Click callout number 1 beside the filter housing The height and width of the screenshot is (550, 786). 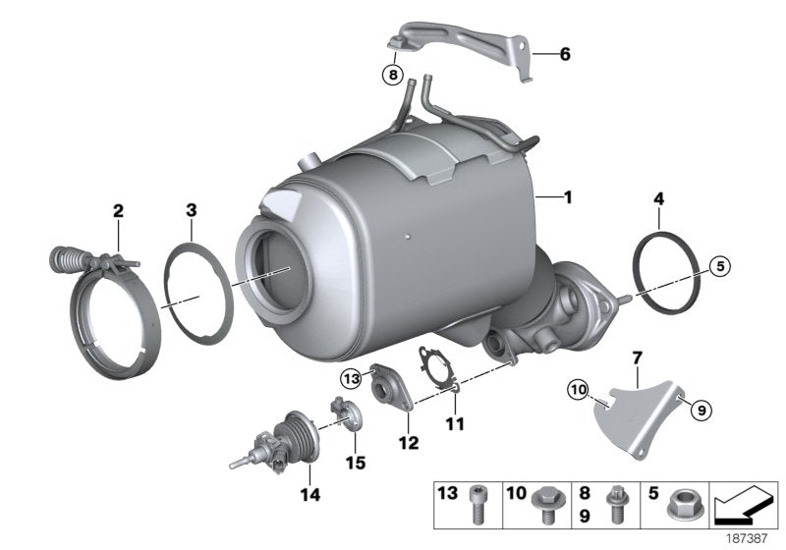pyautogui.click(x=567, y=197)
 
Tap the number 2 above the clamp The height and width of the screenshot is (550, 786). pyautogui.click(x=118, y=209)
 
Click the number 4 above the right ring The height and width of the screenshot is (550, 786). pyautogui.click(x=658, y=199)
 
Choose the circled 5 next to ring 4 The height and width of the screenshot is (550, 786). pyautogui.click(x=719, y=265)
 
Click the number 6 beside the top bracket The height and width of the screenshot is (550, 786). pyautogui.click(x=565, y=55)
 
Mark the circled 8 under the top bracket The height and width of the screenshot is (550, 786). pyautogui.click(x=393, y=73)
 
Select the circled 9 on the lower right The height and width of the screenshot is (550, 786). pyautogui.click(x=700, y=411)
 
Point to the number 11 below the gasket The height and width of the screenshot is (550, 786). pyautogui.click(x=455, y=425)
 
